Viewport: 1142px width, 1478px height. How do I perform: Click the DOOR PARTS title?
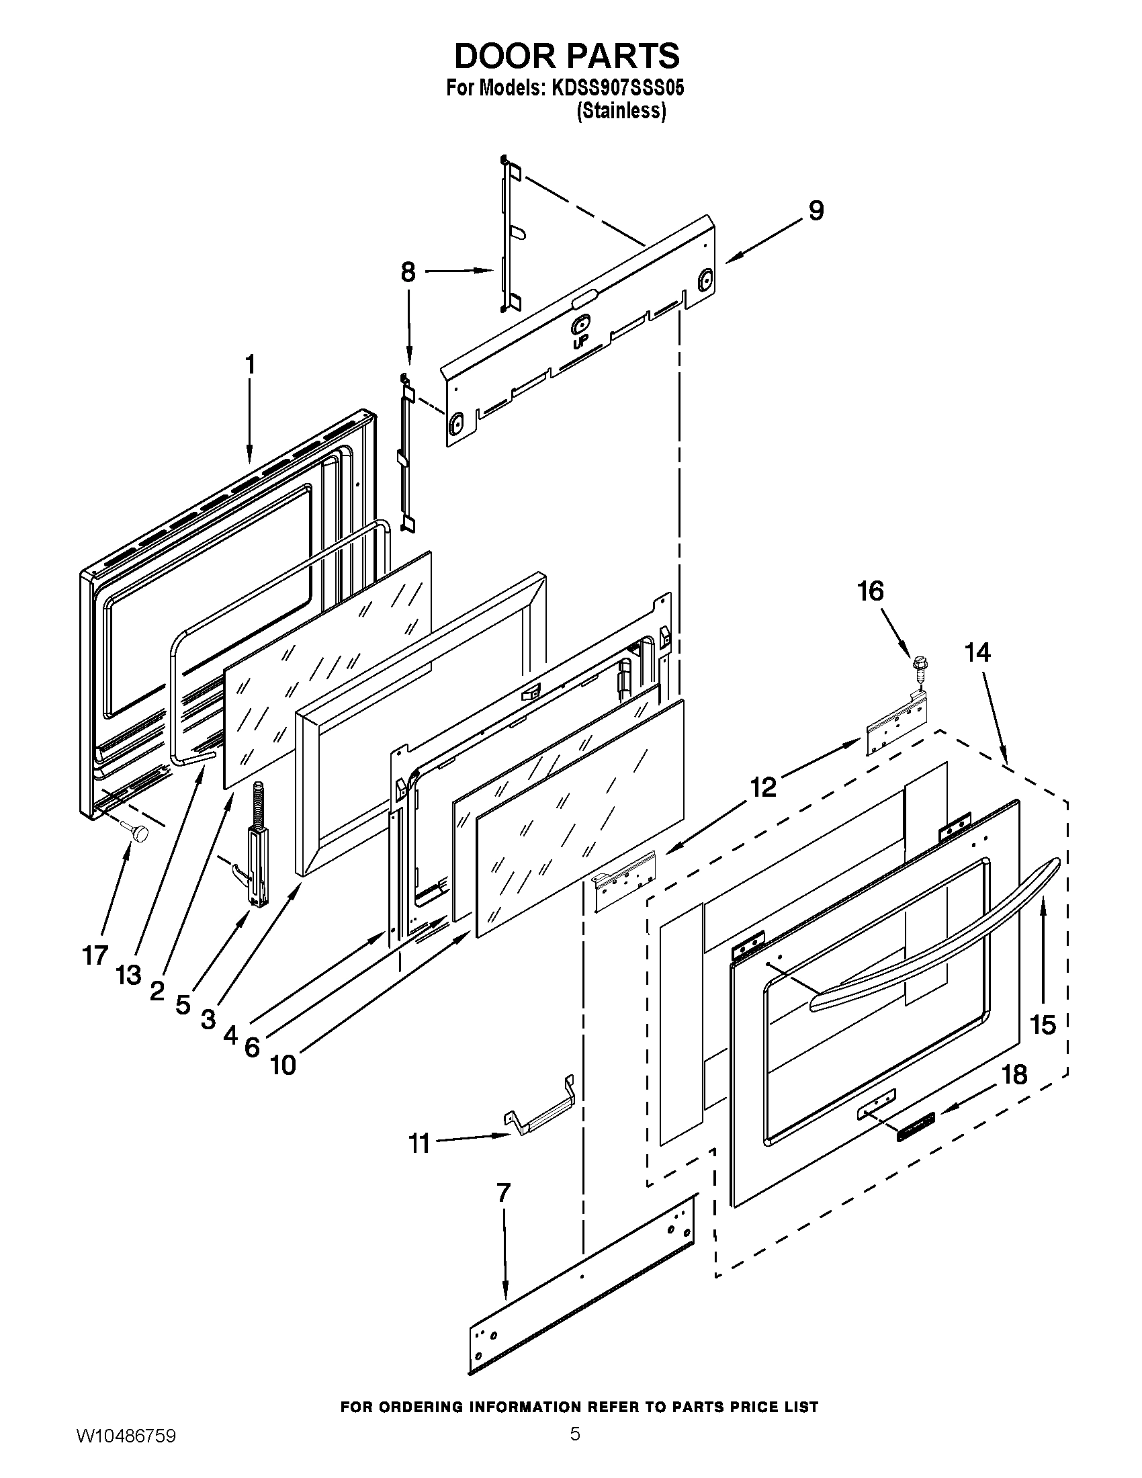pos(566,56)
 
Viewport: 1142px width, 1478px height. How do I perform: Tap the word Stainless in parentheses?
pos(621,111)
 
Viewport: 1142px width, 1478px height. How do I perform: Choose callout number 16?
pos(871,591)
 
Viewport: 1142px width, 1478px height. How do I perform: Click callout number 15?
pos(1043,1025)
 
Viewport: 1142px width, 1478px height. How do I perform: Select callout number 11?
pos(419,1143)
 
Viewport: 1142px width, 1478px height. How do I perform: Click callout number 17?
pos(95,955)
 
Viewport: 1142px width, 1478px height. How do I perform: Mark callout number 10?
pos(283,1066)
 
